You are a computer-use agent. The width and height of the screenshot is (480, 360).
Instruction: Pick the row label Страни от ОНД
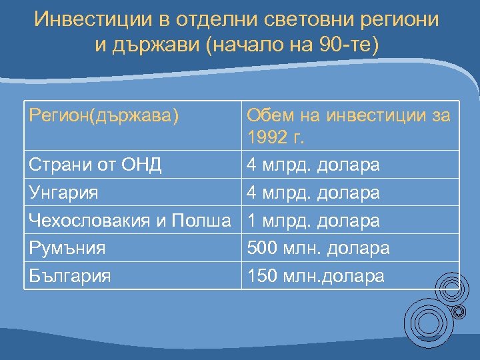[95, 165]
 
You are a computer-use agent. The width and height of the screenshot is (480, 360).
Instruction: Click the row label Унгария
[64, 193]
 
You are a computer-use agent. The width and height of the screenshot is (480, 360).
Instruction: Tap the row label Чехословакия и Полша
[133, 220]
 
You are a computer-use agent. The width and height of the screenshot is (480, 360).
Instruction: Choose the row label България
[70, 275]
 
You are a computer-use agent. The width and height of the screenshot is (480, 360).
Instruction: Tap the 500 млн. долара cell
[318, 248]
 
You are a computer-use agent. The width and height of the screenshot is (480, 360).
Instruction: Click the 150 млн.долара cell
[315, 275]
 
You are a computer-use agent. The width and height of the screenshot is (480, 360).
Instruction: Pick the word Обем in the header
[267, 115]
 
